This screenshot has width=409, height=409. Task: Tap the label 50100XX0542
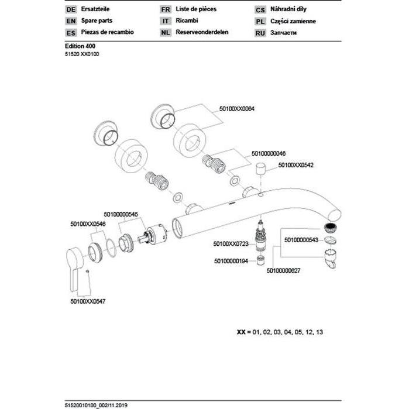pyautogui.click(x=295, y=166)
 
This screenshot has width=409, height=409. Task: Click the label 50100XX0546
pyautogui.click(x=88, y=224)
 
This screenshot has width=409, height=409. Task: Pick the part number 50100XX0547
pyautogui.click(x=88, y=301)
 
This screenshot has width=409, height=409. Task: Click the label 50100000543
pyautogui.click(x=301, y=239)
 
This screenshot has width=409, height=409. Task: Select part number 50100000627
pyautogui.click(x=283, y=270)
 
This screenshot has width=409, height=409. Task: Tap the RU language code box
pyautogui.click(x=261, y=33)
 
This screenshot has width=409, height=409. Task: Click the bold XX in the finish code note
pyautogui.click(x=240, y=332)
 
